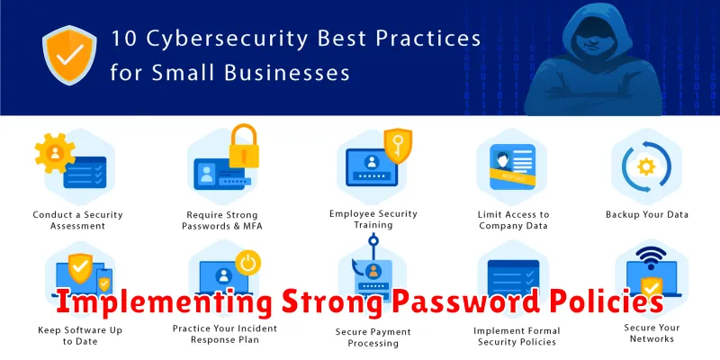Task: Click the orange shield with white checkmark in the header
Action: coord(69,55)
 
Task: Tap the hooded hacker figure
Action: coord(593,59)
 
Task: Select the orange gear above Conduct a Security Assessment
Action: coord(55,153)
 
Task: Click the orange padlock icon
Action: coord(244,146)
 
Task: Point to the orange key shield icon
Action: coord(398,145)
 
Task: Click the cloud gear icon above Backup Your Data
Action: coord(646,166)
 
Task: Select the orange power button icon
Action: coord(248,263)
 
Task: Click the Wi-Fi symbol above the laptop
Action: coord(650,258)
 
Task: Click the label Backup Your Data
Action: coord(646,214)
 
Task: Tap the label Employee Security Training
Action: coord(373,219)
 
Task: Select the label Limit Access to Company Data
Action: coord(513,220)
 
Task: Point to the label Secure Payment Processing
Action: coord(373,337)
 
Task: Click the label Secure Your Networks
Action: coord(652,333)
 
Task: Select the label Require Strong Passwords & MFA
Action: coord(222,220)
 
